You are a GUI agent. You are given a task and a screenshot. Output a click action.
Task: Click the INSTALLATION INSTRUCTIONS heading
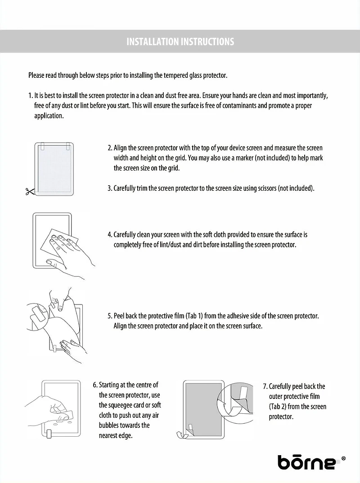click(x=180, y=42)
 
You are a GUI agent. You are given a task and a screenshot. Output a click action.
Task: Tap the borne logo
click(x=306, y=462)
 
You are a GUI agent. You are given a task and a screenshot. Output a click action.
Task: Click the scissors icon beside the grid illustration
click(x=29, y=191)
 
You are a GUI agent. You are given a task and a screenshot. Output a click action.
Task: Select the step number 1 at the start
click(x=30, y=96)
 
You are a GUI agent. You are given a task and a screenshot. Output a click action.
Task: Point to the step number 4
click(x=110, y=234)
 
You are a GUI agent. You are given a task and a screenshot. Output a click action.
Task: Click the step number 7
click(x=265, y=386)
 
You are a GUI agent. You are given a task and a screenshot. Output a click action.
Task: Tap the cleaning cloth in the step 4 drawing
click(x=58, y=243)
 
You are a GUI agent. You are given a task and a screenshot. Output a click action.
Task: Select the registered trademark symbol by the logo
click(x=344, y=458)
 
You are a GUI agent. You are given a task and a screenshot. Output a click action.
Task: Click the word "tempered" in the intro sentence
click(x=166, y=75)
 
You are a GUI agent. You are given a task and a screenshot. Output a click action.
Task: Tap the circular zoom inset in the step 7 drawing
click(x=234, y=400)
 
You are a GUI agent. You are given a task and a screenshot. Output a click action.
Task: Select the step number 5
click(x=110, y=316)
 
